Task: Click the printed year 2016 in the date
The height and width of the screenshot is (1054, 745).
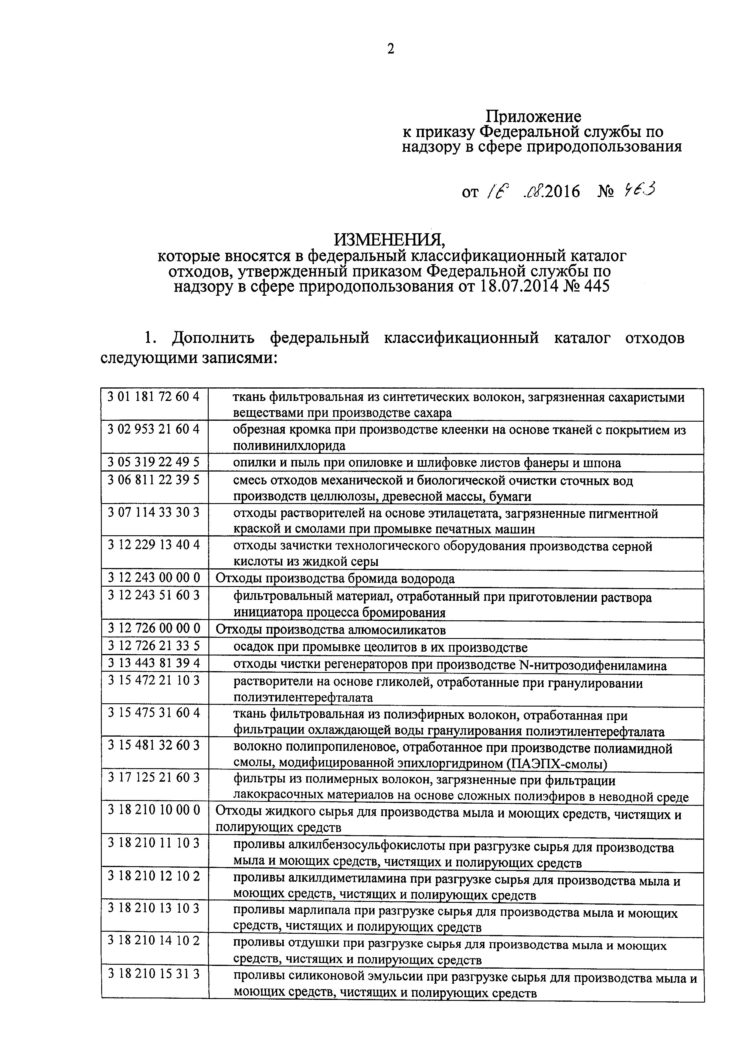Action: point(562,191)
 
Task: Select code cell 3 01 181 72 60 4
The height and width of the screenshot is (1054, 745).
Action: point(154,397)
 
